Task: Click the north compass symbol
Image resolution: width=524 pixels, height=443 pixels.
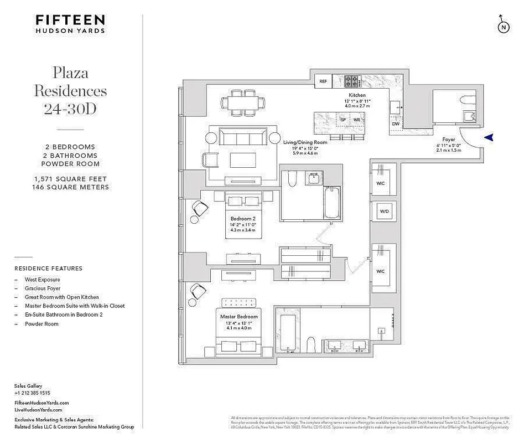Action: click(x=503, y=26)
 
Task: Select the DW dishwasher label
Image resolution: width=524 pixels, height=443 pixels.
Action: click(x=395, y=124)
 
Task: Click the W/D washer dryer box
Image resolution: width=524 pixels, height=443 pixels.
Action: click(x=383, y=212)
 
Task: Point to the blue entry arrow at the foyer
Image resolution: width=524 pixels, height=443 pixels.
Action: click(x=489, y=138)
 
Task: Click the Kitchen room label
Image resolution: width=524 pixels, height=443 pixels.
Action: click(x=356, y=95)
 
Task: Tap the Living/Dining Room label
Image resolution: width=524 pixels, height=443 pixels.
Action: click(x=305, y=142)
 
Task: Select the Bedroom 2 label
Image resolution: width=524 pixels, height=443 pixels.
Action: click(x=243, y=219)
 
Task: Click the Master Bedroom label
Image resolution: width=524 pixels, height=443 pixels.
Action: click(x=240, y=317)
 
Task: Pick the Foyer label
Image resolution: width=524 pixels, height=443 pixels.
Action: click(x=449, y=140)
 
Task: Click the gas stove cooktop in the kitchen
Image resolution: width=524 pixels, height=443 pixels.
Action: click(x=352, y=81)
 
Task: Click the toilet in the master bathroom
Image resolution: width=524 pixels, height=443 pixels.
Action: click(x=311, y=344)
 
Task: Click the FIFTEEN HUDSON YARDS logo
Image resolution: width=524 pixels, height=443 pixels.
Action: click(x=70, y=24)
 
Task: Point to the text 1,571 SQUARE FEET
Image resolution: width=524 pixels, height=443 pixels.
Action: click(x=70, y=179)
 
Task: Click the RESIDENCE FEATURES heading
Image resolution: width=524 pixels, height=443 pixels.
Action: click(x=48, y=269)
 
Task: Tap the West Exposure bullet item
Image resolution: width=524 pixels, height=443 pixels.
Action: click(x=42, y=280)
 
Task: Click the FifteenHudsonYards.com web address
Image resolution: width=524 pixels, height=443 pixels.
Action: click(x=41, y=403)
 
